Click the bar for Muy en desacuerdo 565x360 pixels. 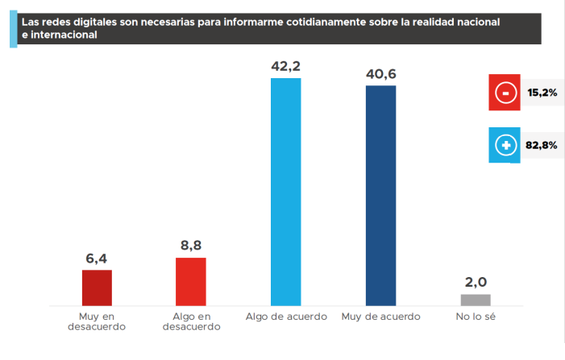coord(97,288)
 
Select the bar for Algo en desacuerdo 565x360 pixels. coord(191,281)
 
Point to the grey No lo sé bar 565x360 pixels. coord(476,300)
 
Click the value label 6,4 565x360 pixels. coord(97,259)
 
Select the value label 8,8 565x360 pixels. coord(191,246)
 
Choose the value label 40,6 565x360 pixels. coord(380,74)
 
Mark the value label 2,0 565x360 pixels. coord(476,283)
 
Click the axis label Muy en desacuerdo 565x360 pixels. coord(97,321)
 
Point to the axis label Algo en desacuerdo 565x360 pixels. coord(191,321)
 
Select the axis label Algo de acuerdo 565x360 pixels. coord(286,317)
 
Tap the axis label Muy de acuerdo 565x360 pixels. coord(380,317)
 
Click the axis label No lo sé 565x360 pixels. coord(476,317)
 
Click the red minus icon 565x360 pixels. coord(505,93)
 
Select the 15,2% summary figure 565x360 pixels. coord(542,93)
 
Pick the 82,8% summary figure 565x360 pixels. coord(542,146)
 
